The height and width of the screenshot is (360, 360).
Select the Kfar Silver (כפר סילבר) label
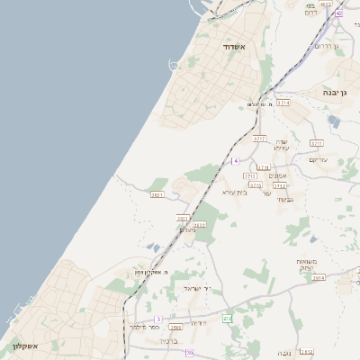click(x=137, y=327)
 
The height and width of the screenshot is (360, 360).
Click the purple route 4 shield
click(x=235, y=161)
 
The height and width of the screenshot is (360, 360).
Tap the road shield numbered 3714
click(x=283, y=103)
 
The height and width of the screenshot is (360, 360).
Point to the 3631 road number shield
click(x=158, y=194)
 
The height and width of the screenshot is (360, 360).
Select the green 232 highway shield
click(x=227, y=319)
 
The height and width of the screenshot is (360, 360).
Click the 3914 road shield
click(x=319, y=278)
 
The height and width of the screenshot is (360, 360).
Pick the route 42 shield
click(x=338, y=13)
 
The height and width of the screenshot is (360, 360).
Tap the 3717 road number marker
click(x=260, y=139)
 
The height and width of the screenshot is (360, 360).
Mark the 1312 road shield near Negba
click(x=306, y=352)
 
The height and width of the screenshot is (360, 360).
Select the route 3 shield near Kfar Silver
click(x=158, y=319)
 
